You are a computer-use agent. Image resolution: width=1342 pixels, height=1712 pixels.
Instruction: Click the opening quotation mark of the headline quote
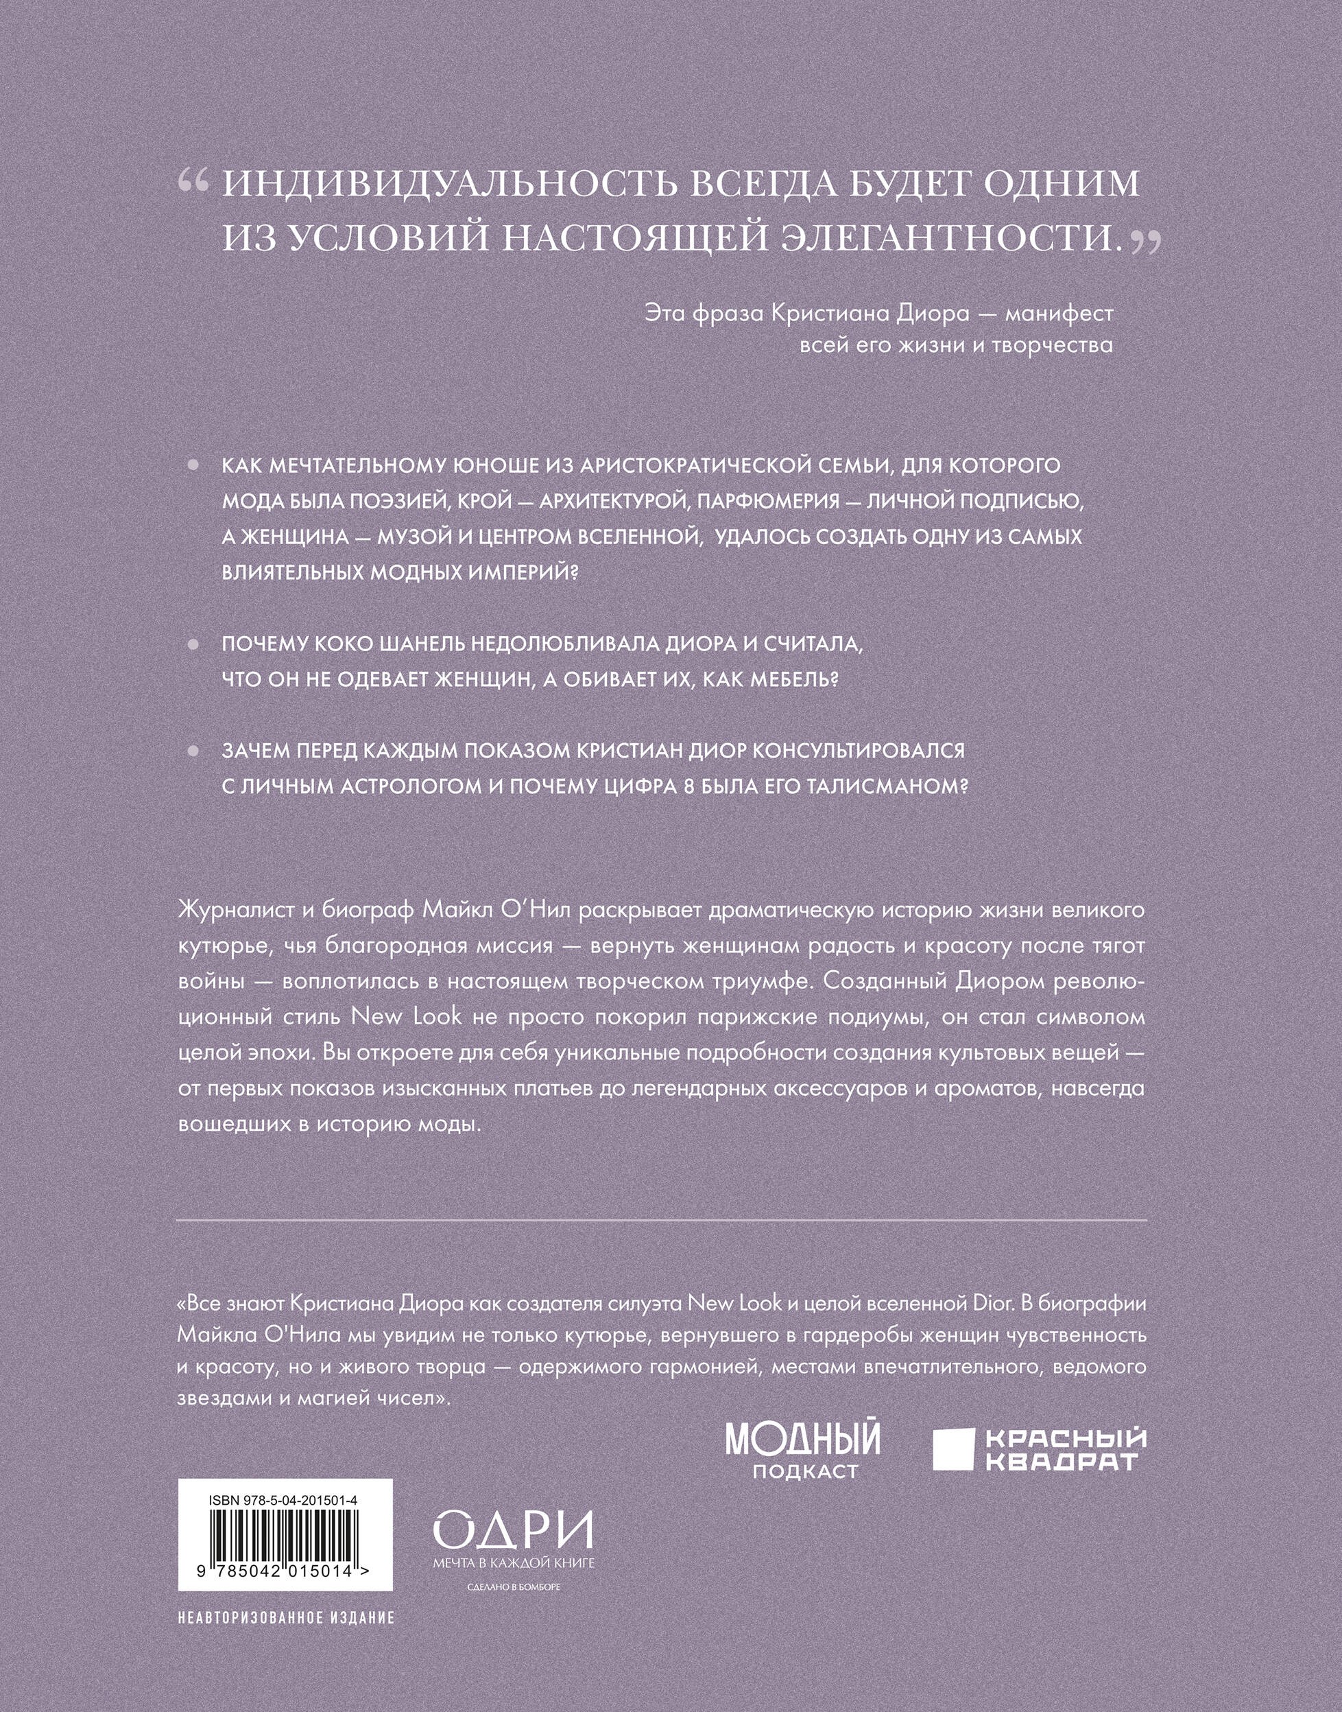pyautogui.click(x=193, y=183)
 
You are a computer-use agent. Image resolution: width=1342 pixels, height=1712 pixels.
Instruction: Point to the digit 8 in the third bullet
pyautogui.click(x=689, y=787)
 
